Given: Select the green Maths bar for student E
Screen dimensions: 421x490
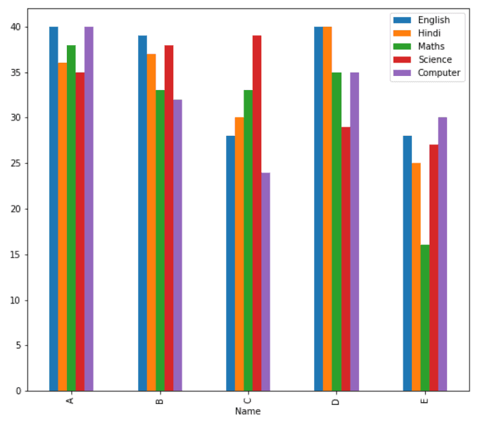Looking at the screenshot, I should [x=425, y=318].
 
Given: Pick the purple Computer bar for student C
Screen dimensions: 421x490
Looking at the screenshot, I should [x=265, y=282].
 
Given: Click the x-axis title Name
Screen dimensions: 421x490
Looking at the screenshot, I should [x=248, y=411].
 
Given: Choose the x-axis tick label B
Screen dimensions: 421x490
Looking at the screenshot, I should [x=160, y=401].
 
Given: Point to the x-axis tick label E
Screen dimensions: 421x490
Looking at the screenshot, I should [x=425, y=401].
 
